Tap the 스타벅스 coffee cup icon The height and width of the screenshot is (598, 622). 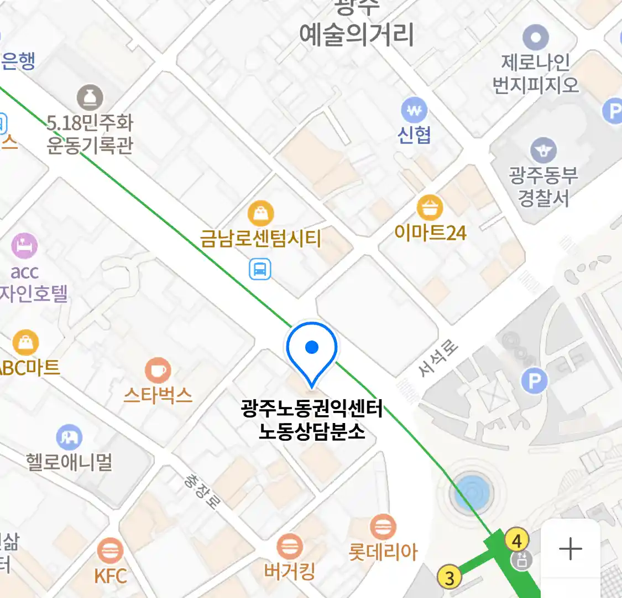158,370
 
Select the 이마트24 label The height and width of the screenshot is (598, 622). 430,233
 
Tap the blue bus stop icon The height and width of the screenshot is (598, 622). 259,270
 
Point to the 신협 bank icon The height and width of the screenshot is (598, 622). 415,111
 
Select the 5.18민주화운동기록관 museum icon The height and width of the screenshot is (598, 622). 90,98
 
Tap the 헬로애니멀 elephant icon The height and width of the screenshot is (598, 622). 69,438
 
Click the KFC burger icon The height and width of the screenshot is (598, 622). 110,551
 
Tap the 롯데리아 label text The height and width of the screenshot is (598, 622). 383,552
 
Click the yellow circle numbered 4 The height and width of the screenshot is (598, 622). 517,540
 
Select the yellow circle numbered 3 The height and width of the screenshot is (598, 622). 449,578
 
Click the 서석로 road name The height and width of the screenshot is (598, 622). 438,359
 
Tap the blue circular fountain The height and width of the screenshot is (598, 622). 472,492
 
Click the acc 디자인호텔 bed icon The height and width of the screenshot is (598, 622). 24,246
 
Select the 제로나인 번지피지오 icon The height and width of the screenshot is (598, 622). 536,38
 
